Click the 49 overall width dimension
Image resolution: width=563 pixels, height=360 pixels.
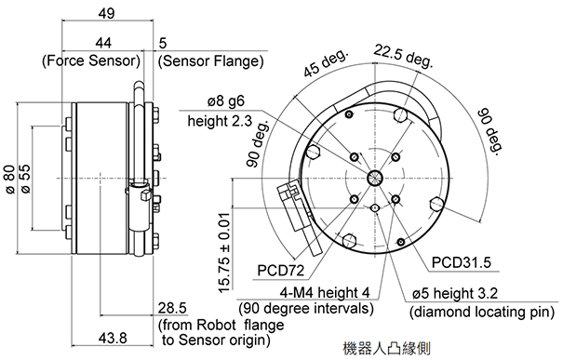(x=107, y=13)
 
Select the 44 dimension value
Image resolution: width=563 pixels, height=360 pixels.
(x=103, y=43)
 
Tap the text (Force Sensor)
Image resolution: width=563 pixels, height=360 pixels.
(x=91, y=60)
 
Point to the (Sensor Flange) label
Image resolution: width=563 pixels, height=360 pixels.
(x=211, y=61)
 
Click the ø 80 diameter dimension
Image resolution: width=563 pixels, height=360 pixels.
(x=10, y=180)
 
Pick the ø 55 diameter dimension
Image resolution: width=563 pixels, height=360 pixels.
(x=26, y=180)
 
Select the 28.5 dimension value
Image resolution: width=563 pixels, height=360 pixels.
(x=173, y=308)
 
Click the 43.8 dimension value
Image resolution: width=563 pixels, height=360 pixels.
(x=112, y=338)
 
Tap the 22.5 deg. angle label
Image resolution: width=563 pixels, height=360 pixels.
(x=403, y=56)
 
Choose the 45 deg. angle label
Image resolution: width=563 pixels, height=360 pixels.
(x=326, y=62)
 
